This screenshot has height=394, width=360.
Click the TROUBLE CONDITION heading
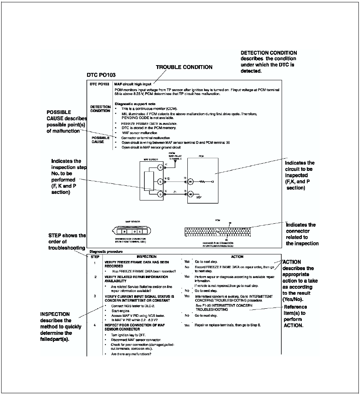(184, 67)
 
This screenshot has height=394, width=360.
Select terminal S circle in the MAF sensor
(160, 167)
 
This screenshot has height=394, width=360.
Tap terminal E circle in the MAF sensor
(160, 181)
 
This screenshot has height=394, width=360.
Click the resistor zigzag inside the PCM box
(202, 181)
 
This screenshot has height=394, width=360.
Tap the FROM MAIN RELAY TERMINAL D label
(174, 156)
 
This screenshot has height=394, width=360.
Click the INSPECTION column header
(147, 256)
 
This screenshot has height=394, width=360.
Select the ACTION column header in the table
(237, 256)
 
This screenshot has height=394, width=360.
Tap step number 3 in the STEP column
(95, 296)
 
